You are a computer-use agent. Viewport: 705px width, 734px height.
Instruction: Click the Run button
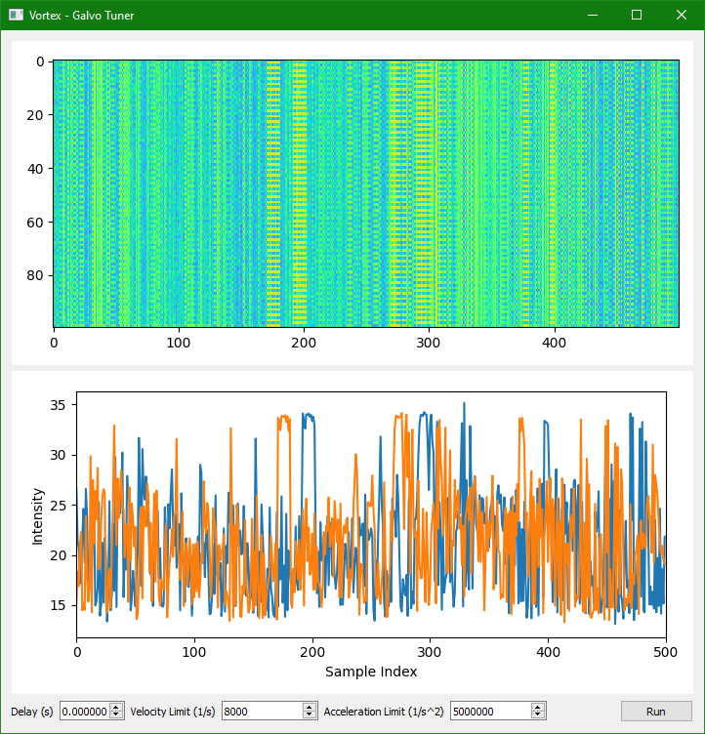(x=655, y=712)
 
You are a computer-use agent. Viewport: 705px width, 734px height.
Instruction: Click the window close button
(x=682, y=15)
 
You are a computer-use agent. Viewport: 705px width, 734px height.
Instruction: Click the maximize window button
(x=637, y=15)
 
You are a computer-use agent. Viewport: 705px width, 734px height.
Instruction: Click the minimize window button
(x=592, y=15)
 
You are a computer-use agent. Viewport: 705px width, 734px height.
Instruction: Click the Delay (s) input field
(x=84, y=712)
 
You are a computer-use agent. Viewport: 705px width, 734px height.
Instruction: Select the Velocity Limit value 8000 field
(x=262, y=712)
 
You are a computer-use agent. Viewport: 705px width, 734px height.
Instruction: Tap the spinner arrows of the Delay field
(x=116, y=712)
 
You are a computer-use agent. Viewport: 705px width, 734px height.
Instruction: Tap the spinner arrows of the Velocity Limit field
(x=311, y=712)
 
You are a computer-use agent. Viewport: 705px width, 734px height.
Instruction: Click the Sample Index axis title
(x=371, y=672)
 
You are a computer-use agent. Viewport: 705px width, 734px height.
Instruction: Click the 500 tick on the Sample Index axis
(x=666, y=651)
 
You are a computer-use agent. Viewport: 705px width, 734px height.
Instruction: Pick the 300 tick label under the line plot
(x=430, y=651)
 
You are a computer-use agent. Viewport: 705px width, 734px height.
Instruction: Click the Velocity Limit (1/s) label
(x=173, y=712)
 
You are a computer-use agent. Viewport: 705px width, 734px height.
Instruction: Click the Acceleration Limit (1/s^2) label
(x=384, y=712)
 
